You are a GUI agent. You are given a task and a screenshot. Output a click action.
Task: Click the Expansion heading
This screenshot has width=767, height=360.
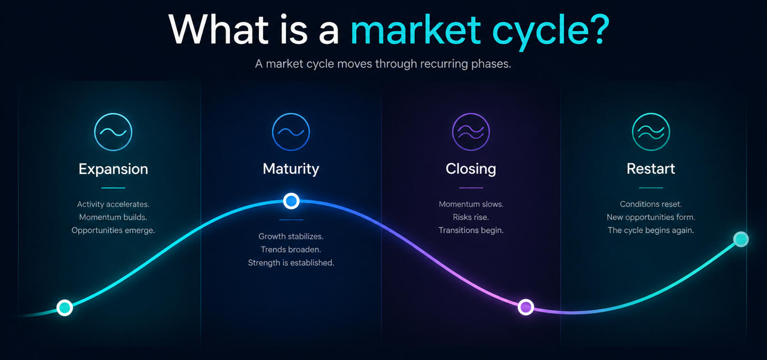coord(113,169)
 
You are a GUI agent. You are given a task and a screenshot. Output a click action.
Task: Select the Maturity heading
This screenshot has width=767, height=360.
coord(291,169)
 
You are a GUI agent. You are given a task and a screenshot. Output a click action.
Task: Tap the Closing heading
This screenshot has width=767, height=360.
coord(471,169)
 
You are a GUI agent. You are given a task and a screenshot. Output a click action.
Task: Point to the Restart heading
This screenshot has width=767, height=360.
coord(650,168)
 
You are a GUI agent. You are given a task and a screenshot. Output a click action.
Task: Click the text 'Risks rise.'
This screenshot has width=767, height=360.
coord(471,217)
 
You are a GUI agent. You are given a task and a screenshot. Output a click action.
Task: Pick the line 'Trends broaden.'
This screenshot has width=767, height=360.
coord(291,249)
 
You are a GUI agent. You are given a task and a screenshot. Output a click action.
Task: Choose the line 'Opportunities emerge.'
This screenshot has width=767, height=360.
coord(113,230)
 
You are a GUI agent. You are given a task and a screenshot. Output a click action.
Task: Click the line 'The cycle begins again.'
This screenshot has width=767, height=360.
coord(650,230)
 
